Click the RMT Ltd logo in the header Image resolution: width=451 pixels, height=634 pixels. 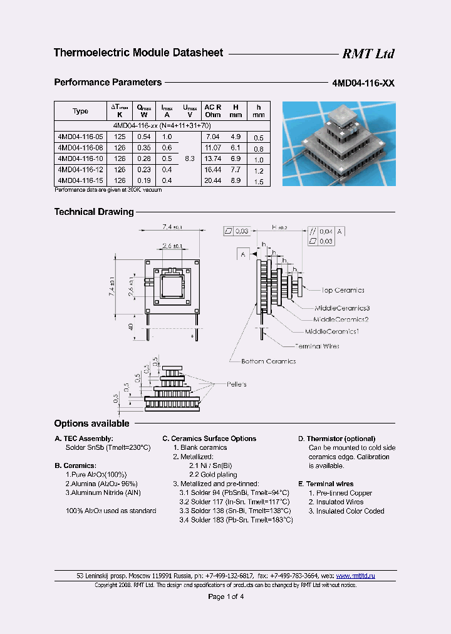(x=368, y=54)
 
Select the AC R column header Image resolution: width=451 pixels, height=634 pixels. (x=213, y=111)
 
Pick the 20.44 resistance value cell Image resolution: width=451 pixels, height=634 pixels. (x=213, y=180)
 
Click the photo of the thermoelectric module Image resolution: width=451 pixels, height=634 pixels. (x=339, y=143)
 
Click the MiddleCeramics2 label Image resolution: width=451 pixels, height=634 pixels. (x=341, y=320)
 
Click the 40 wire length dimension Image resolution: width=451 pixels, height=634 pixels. (x=130, y=326)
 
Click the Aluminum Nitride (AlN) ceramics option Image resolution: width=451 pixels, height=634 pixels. (x=103, y=493)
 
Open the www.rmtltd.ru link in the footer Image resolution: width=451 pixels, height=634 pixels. (x=355, y=575)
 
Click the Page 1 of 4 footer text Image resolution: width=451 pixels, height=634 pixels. (x=225, y=596)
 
